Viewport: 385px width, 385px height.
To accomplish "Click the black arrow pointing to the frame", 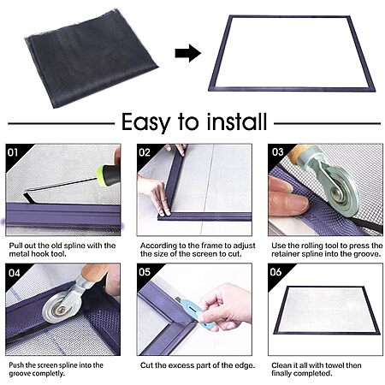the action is tap(188, 53).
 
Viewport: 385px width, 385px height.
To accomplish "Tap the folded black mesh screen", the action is tap(92, 58).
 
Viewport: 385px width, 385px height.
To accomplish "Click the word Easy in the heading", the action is tap(145, 122).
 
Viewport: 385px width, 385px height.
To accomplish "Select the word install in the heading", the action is tap(237, 121).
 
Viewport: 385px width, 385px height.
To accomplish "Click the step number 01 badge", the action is tap(13, 152).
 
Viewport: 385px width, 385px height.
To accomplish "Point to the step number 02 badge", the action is tap(145, 152).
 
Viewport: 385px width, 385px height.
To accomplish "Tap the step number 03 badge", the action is tap(277, 151).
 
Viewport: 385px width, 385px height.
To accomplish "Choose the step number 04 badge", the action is tap(14, 273).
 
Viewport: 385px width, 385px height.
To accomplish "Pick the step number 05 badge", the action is tap(145, 272).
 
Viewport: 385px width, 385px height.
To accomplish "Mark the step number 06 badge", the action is tap(275, 272).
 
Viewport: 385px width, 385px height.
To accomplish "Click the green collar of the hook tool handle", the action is tap(101, 176).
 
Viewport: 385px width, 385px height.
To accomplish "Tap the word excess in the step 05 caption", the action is tap(179, 365).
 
